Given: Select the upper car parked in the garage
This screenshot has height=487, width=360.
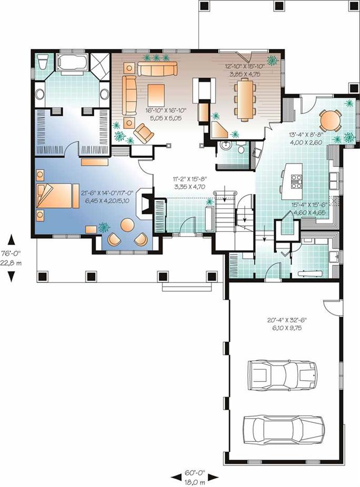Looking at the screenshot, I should [282, 374].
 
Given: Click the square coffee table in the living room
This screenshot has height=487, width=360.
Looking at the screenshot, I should [156, 95].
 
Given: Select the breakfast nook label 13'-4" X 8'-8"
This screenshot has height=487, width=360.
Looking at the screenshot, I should [305, 138].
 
